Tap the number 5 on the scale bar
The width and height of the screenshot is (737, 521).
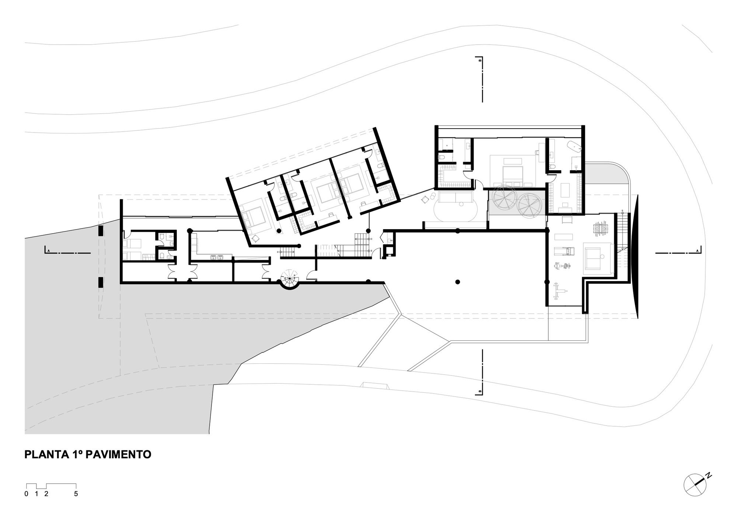[76, 494]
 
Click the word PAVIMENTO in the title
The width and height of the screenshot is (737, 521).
[118, 454]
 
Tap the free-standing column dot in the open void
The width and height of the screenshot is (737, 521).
[457, 282]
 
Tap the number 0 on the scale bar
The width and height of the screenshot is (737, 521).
[26, 494]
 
